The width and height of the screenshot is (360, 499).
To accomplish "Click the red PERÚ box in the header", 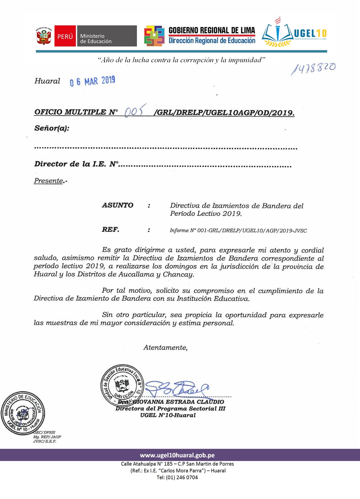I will point(65,36).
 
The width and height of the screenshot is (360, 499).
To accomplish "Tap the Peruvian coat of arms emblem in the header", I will point(44,36).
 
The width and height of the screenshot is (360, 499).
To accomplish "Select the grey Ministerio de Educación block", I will point(107,36).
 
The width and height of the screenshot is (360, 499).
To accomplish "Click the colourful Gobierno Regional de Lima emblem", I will point(154,36).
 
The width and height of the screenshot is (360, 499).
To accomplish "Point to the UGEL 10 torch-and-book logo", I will point(277,33).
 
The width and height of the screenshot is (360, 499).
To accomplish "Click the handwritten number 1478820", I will point(313,68).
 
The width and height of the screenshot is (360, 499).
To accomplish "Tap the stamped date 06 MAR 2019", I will point(92,81).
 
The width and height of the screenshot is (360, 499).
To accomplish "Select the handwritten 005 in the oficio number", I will point(135,111).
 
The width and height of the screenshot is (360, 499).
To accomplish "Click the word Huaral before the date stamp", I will point(47,81).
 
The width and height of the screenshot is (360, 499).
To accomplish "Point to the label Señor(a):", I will point(52,128).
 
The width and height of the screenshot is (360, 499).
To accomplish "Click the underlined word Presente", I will point(49,181).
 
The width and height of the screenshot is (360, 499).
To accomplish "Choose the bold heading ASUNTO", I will point(118,205).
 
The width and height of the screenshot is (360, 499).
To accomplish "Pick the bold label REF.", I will point(110,230).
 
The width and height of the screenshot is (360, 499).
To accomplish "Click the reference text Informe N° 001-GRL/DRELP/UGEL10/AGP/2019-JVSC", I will point(238,231).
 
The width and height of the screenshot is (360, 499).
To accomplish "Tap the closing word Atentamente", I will point(165,348).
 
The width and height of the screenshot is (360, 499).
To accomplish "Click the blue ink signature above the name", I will point(177,389).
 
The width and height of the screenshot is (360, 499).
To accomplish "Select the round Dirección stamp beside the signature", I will point(122,385).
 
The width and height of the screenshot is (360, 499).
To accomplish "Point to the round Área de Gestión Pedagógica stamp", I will point(23,413).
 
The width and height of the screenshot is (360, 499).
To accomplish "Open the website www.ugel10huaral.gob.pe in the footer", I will point(177,455).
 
